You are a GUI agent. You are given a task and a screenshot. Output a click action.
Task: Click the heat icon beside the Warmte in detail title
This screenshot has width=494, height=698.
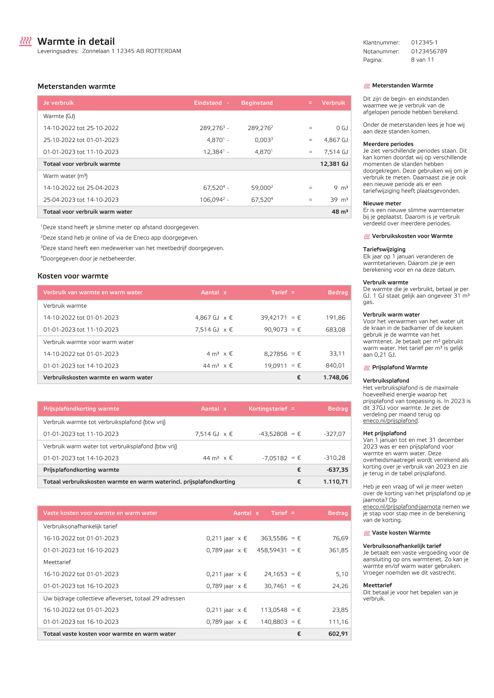click(x=25, y=41)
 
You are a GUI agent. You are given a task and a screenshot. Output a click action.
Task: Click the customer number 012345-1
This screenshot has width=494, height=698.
click(x=424, y=43)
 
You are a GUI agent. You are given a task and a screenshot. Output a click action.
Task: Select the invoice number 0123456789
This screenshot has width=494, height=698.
click(x=429, y=51)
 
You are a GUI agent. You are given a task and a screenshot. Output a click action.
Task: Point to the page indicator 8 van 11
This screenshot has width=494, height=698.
click(x=422, y=60)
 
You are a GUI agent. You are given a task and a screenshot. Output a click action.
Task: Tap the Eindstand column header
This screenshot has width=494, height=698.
click(x=208, y=103)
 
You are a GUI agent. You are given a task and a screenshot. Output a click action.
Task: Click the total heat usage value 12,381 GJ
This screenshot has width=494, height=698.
click(x=334, y=164)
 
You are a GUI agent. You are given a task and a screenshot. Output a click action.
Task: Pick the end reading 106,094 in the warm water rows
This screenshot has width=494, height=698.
click(x=212, y=200)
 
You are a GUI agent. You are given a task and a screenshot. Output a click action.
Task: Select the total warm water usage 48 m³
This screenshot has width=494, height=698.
click(x=340, y=211)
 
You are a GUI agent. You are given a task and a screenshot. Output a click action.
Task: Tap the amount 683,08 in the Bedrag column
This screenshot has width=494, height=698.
click(x=336, y=329)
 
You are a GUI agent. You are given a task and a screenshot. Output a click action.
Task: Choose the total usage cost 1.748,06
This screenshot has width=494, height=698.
click(x=336, y=378)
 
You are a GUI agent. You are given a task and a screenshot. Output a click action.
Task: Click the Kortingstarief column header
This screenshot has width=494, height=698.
click(x=268, y=409)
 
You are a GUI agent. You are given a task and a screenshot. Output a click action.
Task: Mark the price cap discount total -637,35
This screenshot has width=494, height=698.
click(x=337, y=470)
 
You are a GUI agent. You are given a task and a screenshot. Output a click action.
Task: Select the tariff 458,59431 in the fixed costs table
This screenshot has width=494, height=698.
click(x=272, y=550)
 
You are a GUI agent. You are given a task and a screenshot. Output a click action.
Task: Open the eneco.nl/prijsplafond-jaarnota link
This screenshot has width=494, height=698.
click(x=401, y=507)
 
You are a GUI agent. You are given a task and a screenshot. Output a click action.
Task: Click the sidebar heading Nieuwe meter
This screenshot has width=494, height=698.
click(x=382, y=203)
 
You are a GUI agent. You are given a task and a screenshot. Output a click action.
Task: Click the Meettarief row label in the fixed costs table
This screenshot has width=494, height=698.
click(x=57, y=562)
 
